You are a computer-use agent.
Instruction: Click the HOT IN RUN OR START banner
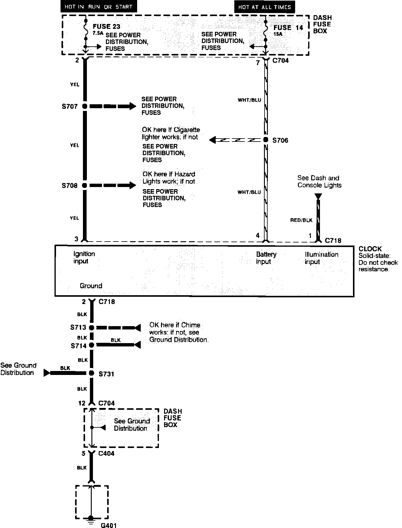pyautogui.click(x=98, y=7)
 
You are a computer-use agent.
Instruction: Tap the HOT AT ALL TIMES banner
pyautogui.click(x=264, y=7)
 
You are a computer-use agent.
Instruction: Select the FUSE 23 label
pyautogui.click(x=106, y=27)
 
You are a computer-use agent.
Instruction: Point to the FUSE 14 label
pyautogui.click(x=288, y=28)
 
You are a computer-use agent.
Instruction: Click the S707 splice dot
pyautogui.click(x=85, y=106)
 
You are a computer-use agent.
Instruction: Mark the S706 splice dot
pyautogui.click(x=265, y=140)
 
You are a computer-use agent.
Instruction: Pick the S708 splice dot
pyautogui.click(x=85, y=185)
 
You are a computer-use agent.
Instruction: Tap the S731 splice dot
pyautogui.click(x=91, y=373)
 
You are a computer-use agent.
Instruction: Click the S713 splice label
pyautogui.click(x=78, y=327)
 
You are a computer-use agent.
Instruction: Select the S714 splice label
pyautogui.click(x=78, y=346)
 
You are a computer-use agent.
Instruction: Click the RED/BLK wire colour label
pyautogui.click(x=301, y=220)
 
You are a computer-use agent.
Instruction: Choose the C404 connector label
pyautogui.click(x=106, y=453)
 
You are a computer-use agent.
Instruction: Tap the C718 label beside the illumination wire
pyautogui.click(x=333, y=240)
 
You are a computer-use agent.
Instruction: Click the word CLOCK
pyautogui.click(x=370, y=249)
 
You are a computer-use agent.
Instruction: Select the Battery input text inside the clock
pyautogui.click(x=266, y=258)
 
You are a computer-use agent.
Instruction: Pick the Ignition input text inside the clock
pyautogui.click(x=84, y=257)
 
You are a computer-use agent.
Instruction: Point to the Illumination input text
pyautogui.click(x=321, y=258)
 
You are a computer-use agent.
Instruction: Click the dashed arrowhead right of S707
pyautogui.click(x=133, y=106)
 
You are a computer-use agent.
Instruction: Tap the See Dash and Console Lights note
pyautogui.click(x=319, y=182)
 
